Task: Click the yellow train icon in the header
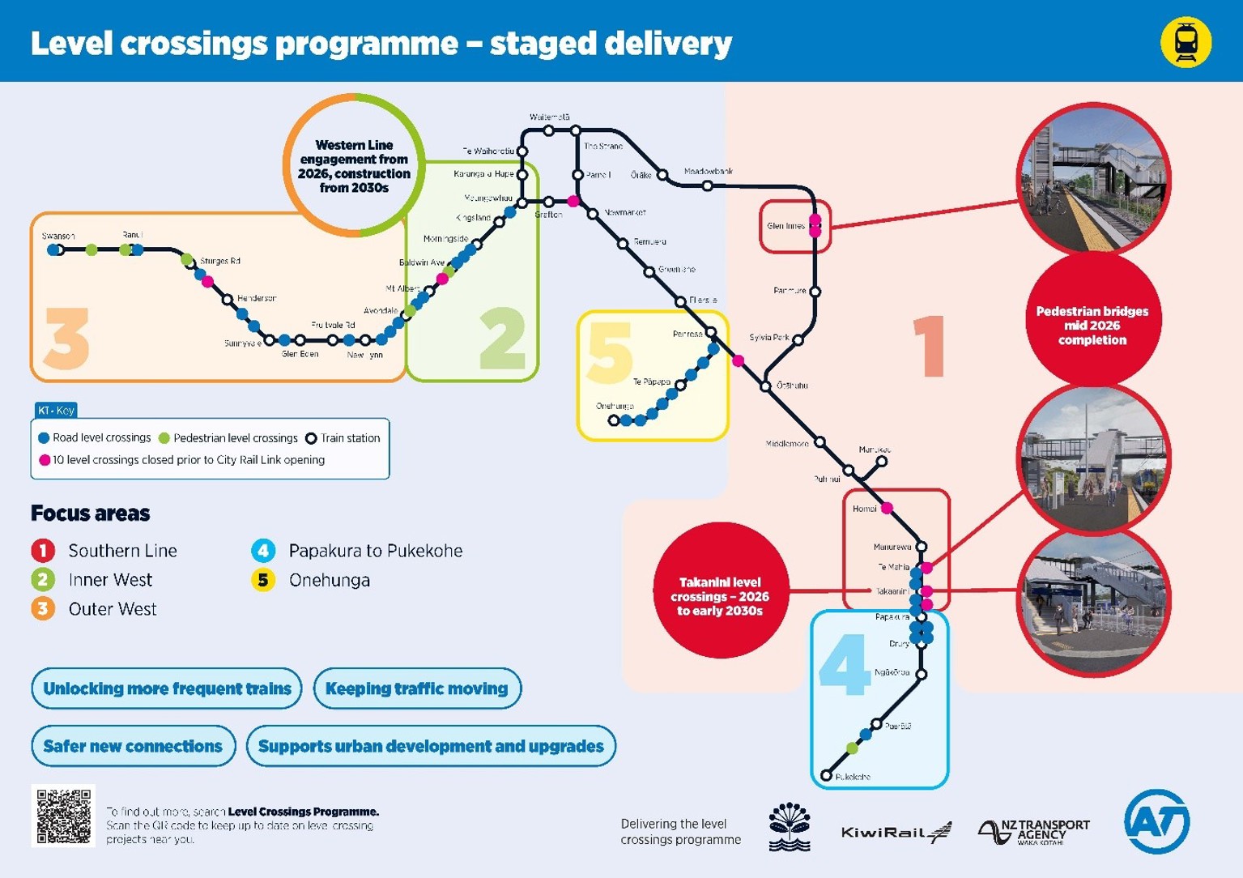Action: (1186, 42)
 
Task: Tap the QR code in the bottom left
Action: (63, 816)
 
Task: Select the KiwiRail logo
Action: (896, 832)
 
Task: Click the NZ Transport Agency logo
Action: (1034, 831)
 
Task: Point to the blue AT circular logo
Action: (1156, 821)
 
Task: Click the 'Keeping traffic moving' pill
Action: (417, 688)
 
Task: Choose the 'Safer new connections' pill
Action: (133, 746)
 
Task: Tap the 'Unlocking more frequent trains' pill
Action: (167, 688)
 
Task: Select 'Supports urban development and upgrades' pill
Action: (431, 746)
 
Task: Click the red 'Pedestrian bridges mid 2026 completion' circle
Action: (1092, 325)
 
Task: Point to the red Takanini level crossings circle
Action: (720, 596)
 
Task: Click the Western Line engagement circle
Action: (354, 165)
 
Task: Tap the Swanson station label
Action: (58, 237)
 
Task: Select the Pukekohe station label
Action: (853, 777)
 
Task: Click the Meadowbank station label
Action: (708, 172)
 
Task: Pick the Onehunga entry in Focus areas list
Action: (329, 580)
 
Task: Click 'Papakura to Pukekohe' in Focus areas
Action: (375, 551)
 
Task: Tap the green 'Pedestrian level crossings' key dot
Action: (164, 438)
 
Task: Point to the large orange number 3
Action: (66, 339)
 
